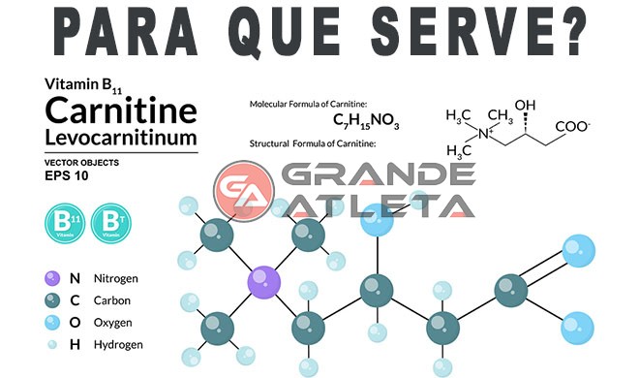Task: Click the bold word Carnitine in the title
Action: point(121,108)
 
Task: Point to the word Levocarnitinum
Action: point(120,137)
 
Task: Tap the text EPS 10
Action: point(66,176)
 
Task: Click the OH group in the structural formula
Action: point(525,105)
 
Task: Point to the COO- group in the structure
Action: point(574,127)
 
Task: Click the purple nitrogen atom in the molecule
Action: point(262,282)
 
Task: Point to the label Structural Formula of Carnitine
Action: point(313,143)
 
